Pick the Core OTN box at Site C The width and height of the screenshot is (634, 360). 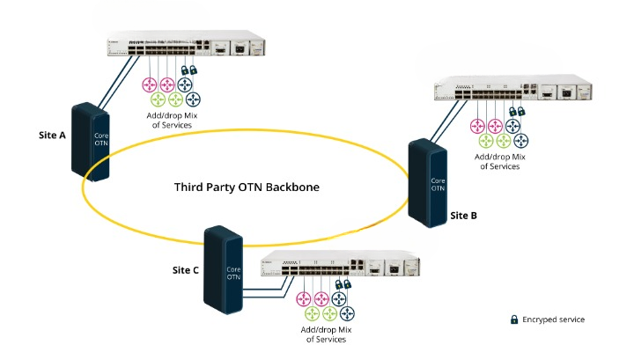coord(225,272)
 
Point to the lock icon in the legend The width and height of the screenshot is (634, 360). coord(513,320)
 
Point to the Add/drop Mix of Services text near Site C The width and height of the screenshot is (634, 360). coord(327,334)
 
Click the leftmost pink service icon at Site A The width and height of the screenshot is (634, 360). coord(148,85)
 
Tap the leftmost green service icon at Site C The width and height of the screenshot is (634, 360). coord(310,313)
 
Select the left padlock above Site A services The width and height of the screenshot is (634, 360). coord(184,71)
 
